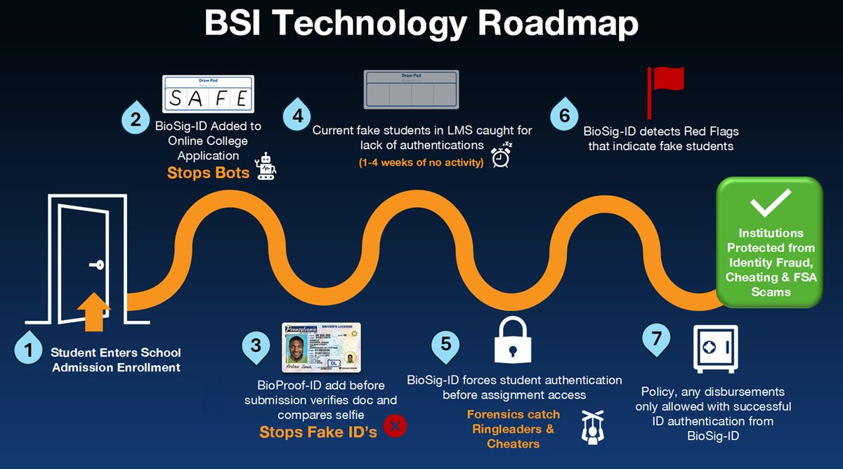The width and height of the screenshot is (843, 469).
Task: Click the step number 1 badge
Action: pos(29,350)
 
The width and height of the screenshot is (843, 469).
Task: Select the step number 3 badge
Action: pos(256,345)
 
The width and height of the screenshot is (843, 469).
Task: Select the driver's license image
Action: pos(321,347)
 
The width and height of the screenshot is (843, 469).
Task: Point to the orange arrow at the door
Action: pos(93,312)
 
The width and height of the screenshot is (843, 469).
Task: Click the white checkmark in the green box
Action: pos(769,204)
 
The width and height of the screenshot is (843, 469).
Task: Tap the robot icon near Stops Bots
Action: pos(266,166)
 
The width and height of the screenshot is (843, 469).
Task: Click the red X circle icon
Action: pos(397,425)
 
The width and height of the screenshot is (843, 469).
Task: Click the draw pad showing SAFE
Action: pos(207,93)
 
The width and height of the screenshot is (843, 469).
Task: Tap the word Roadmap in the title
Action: pos(559,23)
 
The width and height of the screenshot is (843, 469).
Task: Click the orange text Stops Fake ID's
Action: pos(318,431)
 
